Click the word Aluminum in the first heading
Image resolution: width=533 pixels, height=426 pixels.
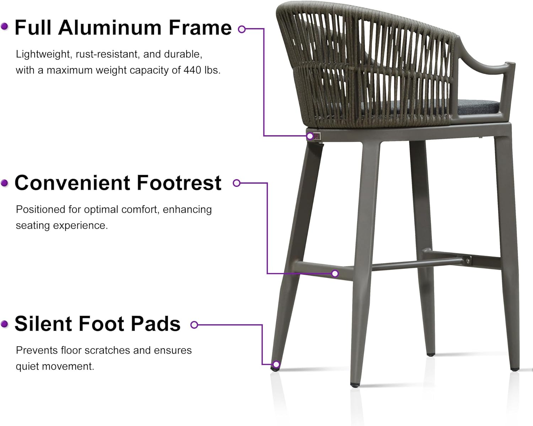(x=110, y=28)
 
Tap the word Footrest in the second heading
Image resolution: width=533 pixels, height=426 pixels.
(x=179, y=183)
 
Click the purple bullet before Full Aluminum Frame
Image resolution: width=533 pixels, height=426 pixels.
(x=5, y=27)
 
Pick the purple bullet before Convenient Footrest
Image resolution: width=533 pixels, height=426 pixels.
(x=5, y=183)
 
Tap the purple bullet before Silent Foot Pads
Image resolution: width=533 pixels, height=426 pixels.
(x=5, y=324)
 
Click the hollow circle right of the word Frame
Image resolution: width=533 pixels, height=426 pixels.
(x=242, y=29)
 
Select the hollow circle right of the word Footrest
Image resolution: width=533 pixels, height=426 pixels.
(x=237, y=183)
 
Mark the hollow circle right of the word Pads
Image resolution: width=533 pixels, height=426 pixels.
(x=194, y=325)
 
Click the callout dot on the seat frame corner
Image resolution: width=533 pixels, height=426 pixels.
(x=310, y=136)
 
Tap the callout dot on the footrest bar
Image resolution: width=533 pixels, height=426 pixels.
(x=335, y=273)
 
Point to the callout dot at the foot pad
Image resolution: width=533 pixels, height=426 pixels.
(x=276, y=364)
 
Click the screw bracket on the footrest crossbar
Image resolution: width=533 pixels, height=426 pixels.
(x=467, y=260)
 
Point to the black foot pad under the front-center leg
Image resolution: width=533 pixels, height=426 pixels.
(x=355, y=385)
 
